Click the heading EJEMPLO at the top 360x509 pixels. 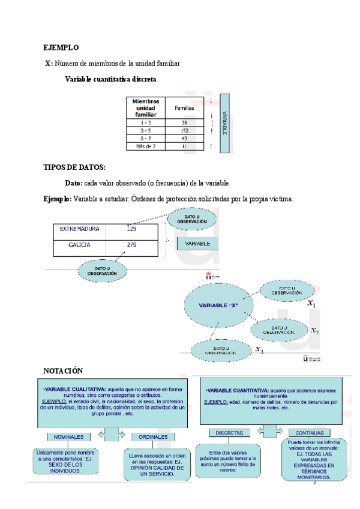point(61,47)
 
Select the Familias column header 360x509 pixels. point(184,108)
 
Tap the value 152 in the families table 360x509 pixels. point(184,130)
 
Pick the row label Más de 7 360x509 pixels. point(146,146)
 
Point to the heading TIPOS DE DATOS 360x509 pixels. point(74,167)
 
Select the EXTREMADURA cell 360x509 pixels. point(80,229)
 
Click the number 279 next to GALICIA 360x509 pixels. point(132,245)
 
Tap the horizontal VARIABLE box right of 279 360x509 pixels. point(197,244)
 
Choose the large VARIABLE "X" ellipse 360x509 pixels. point(220,305)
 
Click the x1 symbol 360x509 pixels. point(311,305)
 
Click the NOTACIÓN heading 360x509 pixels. point(64,371)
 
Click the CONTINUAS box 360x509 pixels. point(310,432)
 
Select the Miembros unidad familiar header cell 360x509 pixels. point(145,107)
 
